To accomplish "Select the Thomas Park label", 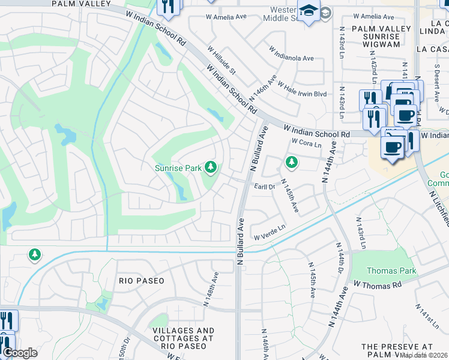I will click(391, 271).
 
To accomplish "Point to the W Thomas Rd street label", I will click(377, 284).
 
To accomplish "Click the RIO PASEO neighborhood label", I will click(142, 281).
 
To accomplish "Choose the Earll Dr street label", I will click(264, 187).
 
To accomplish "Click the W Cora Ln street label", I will click(306, 142).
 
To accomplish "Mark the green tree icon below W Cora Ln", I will click(291, 162).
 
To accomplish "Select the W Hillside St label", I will click(223, 60).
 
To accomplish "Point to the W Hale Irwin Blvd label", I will click(302, 89).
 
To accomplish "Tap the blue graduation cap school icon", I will click(309, 12).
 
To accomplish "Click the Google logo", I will click(20, 353).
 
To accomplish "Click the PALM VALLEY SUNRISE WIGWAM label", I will click(381, 37).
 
